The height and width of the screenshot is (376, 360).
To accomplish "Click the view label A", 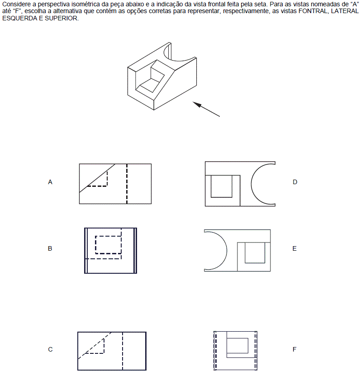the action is [50, 182].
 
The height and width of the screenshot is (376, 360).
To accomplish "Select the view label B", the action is [50, 248].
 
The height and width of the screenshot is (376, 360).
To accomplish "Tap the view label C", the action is [50, 349].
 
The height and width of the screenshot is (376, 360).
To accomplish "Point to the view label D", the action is [295, 182].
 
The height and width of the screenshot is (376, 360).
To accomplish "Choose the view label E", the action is [294, 248].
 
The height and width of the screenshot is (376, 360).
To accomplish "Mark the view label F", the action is [294, 349].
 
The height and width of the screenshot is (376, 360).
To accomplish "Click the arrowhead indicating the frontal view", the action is [197, 104].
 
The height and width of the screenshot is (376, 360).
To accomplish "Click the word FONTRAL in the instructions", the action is [313, 11].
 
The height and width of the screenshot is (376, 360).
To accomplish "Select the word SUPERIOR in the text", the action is [61, 18].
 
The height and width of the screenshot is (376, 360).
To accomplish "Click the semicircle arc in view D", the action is [251, 184].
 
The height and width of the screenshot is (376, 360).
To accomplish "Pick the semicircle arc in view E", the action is [227, 251].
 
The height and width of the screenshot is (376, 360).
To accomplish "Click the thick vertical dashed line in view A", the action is [127, 184].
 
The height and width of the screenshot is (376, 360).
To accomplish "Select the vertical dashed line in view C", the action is [123, 351].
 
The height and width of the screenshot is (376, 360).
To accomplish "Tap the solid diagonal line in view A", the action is [97, 178].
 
